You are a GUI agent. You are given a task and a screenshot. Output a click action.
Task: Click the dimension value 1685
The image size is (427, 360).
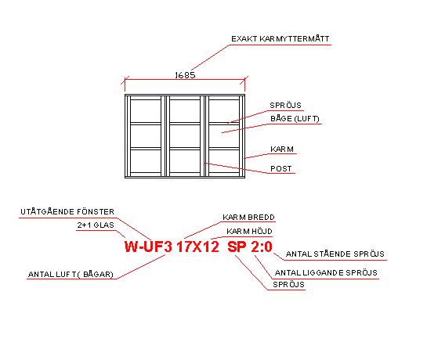pyautogui.click(x=185, y=75)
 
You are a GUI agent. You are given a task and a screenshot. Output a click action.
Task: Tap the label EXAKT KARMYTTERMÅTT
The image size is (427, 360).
pyautogui.click(x=280, y=39)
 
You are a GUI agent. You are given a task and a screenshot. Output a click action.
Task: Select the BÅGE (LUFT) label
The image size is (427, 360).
pyautogui.click(x=295, y=119)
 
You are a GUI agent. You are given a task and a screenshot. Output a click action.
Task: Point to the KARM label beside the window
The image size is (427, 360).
pyautogui.click(x=282, y=149)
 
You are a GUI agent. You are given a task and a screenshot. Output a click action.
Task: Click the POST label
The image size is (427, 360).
pyautogui.click(x=280, y=169)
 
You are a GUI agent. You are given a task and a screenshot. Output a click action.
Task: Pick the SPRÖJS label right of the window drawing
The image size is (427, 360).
pyautogui.click(x=285, y=106)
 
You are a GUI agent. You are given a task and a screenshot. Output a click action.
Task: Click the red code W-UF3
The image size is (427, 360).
pyautogui.click(x=148, y=247)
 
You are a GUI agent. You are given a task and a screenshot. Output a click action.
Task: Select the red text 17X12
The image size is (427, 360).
pyautogui.click(x=197, y=247)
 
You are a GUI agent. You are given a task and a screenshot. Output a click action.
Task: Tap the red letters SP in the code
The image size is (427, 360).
pyautogui.click(x=237, y=247)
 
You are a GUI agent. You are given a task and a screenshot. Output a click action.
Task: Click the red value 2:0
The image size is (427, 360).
pyautogui.click(x=262, y=247)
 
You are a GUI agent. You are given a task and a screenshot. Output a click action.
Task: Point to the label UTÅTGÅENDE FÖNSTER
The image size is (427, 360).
pyautogui.click(x=67, y=211)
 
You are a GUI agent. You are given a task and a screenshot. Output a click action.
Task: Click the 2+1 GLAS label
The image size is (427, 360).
pyautogui.click(x=96, y=225)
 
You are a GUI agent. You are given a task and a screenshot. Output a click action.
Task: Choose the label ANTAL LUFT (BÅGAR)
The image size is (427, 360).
pyautogui.click(x=71, y=274)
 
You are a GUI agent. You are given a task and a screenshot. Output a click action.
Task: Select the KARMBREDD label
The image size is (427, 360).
pyautogui.click(x=248, y=217)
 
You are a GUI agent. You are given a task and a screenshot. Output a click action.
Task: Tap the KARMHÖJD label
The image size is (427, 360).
pyautogui.click(x=249, y=232)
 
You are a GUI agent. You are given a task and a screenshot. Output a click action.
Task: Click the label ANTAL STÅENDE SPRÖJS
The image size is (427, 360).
pyautogui.click(x=335, y=254)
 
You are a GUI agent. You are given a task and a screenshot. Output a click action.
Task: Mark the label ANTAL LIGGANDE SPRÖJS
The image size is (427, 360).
pyautogui.click(x=326, y=272)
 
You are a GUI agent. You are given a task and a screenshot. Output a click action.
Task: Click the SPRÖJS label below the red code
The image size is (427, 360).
pyautogui.click(x=288, y=284)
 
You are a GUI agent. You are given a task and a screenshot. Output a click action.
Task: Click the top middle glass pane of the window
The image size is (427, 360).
pyautogui.click(x=185, y=111)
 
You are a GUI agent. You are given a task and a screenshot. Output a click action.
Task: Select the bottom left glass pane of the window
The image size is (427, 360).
pyautogui.click(x=146, y=161)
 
